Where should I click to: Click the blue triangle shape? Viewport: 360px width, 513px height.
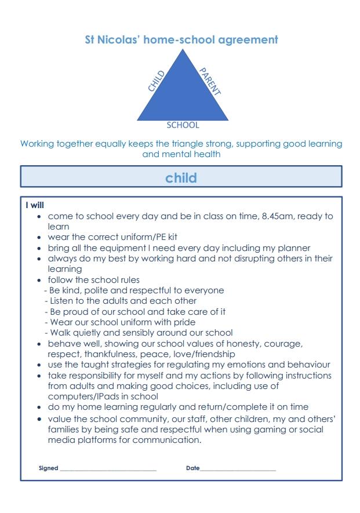(x=183, y=93)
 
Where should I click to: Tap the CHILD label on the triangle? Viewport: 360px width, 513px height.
(x=157, y=81)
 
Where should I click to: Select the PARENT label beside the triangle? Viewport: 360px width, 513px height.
(x=210, y=81)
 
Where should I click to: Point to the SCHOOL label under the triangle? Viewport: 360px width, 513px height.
(x=183, y=125)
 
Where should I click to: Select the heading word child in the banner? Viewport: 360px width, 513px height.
(x=181, y=177)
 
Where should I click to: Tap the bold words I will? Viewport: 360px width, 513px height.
(x=35, y=205)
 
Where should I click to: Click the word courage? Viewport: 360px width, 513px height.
(x=282, y=343)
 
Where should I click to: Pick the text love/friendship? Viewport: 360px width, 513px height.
(x=202, y=354)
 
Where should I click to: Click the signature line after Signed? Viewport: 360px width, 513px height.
(x=108, y=470)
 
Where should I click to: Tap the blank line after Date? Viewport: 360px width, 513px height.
(x=238, y=470)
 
